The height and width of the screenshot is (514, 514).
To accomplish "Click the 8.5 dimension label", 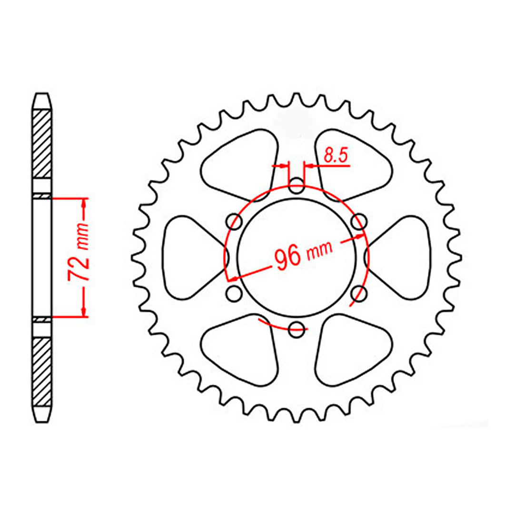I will pos(336,156).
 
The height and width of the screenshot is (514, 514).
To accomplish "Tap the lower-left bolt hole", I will pos(234,293).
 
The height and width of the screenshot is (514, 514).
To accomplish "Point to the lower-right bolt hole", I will pos(359,293).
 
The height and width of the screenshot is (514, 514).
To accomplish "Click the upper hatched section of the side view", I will pos(41,143).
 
